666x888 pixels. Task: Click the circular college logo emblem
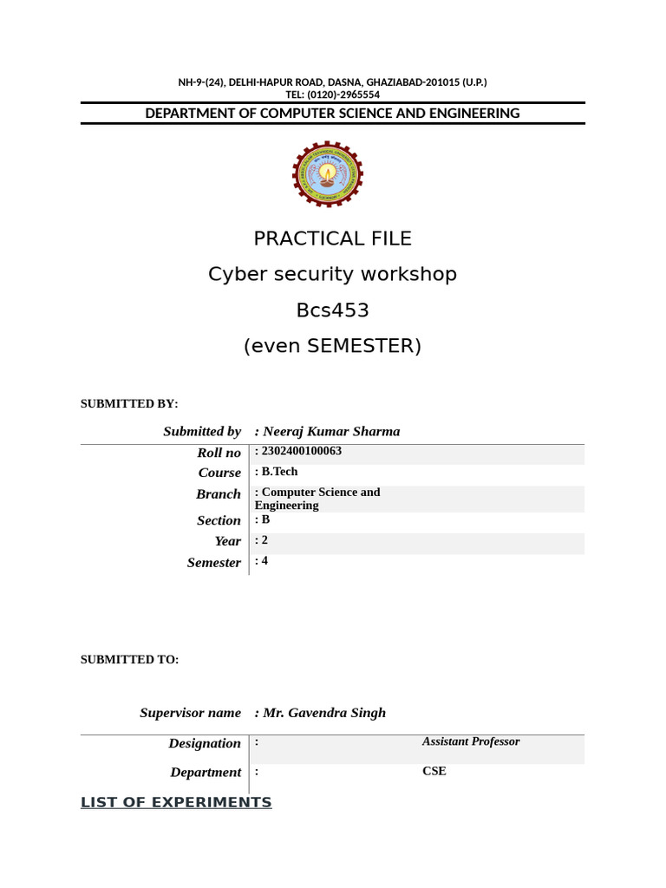[x=328, y=174]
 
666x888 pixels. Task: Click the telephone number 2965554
[x=356, y=95]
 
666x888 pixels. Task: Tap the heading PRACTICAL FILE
[x=332, y=238]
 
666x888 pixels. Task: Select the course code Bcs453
[x=332, y=310]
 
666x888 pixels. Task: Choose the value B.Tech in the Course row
[x=278, y=471]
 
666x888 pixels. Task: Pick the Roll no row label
[x=219, y=453]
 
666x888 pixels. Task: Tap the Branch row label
[x=219, y=493]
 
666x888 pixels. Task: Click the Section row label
[x=219, y=520]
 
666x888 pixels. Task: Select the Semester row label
[x=214, y=563]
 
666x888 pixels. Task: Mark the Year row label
[x=228, y=541]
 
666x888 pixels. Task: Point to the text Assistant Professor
[x=471, y=741]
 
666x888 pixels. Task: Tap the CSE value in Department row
[x=434, y=770]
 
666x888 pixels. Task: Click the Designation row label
[x=205, y=743]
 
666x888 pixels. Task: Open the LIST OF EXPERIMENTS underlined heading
[x=176, y=802]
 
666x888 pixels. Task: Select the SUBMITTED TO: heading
[x=130, y=660]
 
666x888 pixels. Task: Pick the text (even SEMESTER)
[x=332, y=346]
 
